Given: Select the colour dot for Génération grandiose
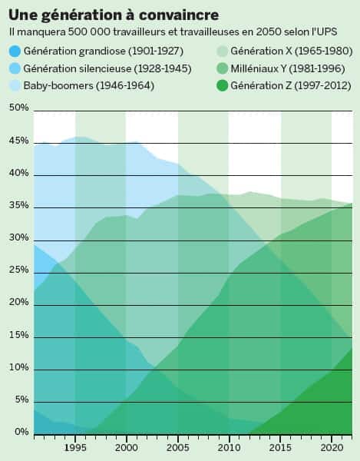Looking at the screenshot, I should [x=15, y=51].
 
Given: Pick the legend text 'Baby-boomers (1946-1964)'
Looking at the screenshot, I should [x=89, y=85].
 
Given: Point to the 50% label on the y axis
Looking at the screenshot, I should [x=18, y=108].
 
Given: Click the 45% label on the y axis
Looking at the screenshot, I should [x=18, y=141].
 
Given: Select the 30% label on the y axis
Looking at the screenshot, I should [x=18, y=237].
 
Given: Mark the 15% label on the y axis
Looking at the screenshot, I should [x=18, y=335].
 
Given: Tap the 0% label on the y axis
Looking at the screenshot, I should [x=20, y=433].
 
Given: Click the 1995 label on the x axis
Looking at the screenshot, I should [x=75, y=446].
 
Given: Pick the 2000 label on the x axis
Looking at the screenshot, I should [x=126, y=446].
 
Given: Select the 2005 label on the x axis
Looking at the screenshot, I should [x=178, y=446].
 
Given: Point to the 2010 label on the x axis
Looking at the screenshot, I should [x=229, y=446].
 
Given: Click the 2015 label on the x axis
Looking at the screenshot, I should [x=280, y=446].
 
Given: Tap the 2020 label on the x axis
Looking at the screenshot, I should [x=332, y=446].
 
